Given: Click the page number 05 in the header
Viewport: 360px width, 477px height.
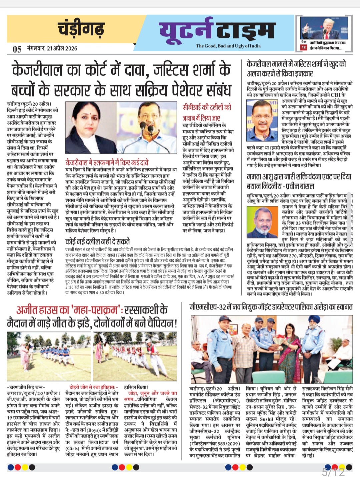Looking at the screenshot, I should pyautogui.click(x=17, y=49).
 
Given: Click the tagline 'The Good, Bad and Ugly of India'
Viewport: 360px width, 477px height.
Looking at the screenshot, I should pyautogui.click(x=228, y=46).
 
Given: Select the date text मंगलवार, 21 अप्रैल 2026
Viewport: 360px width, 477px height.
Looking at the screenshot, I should pyautogui.click(x=52, y=49).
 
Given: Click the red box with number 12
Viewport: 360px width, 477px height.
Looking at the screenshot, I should pyautogui.click(x=303, y=47).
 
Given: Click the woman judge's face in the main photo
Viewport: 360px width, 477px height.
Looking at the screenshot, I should pyautogui.click(x=88, y=122).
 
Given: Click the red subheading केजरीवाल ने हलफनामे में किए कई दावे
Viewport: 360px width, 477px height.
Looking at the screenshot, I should pyautogui.click(x=107, y=163).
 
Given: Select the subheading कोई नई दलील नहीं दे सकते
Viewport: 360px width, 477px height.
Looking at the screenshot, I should pyautogui.click(x=97, y=241).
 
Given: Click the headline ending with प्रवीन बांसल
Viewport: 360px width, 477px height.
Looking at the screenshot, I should pyautogui.click(x=299, y=182).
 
